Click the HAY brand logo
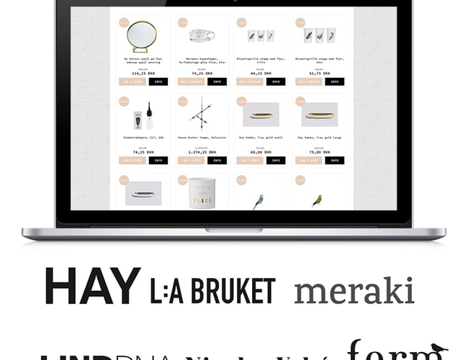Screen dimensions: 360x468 point(91,287)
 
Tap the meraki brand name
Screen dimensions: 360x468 point(354,291)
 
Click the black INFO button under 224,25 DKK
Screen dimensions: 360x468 point(158,81)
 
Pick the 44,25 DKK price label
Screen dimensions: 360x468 point(261,73)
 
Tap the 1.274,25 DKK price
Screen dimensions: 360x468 point(202,152)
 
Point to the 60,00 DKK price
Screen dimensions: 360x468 point(261,152)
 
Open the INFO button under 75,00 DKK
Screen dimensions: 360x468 point(334,160)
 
